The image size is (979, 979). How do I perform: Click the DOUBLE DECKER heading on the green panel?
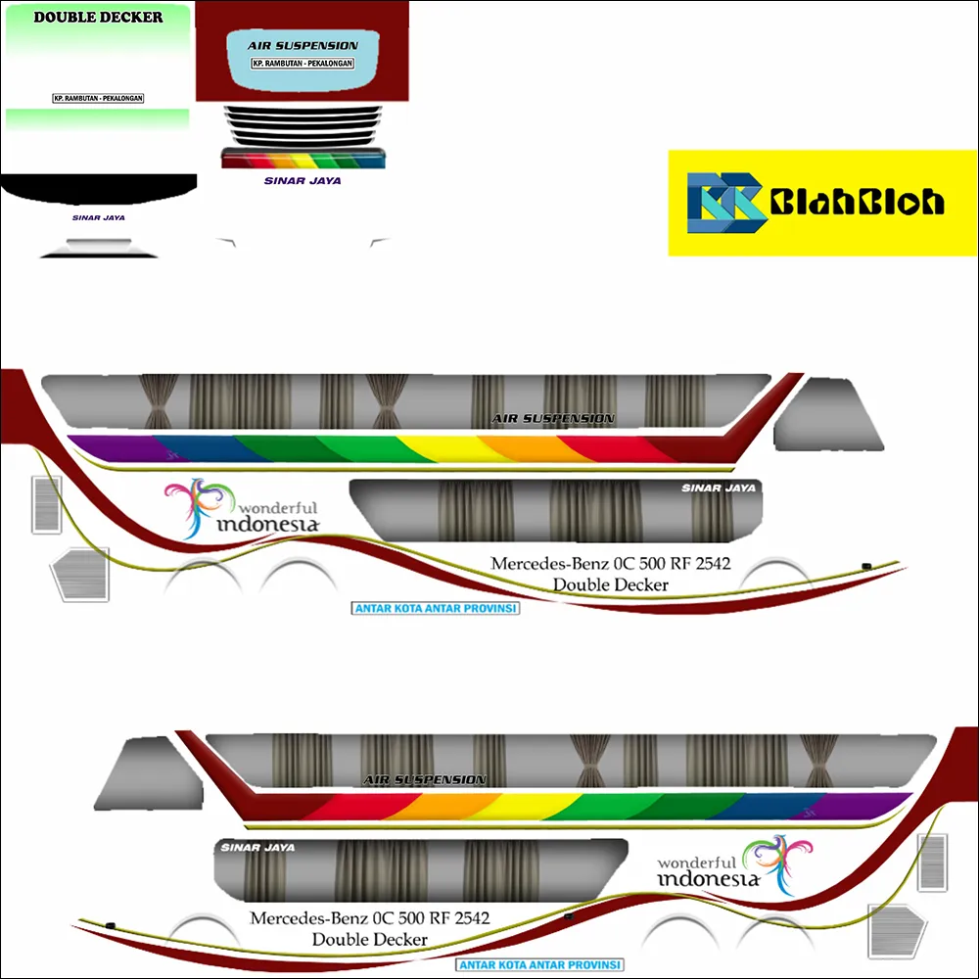[98, 17]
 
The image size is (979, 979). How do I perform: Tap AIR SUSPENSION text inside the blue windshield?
[303, 45]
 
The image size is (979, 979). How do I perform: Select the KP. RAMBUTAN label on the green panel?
[98, 99]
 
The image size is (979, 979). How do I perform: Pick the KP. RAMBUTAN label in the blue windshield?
[303, 63]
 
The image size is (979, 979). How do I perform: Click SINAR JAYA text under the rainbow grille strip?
[303, 180]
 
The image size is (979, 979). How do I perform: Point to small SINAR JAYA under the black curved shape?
[98, 217]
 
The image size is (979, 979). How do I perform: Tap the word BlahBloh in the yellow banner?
[858, 203]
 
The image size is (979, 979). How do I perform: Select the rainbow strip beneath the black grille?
[303, 159]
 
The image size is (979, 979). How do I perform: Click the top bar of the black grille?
[303, 110]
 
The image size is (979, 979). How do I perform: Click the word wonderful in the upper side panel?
[278, 508]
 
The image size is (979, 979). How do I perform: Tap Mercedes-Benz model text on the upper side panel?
[611, 564]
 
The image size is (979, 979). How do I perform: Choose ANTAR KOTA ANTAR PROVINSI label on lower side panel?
[540, 964]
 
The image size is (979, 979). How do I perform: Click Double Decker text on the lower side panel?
[370, 939]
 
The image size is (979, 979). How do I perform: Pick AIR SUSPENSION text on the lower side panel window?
[425, 780]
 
